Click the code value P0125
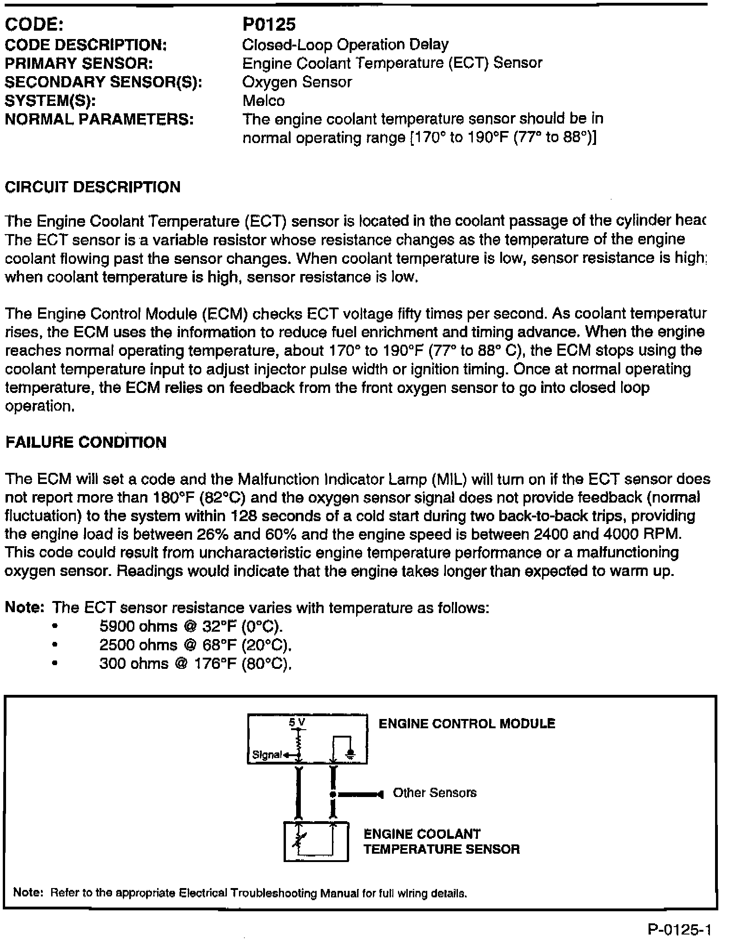click(269, 25)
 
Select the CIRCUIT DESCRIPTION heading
click(93, 187)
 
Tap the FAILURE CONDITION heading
click(86, 442)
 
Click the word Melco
click(264, 101)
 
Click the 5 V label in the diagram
click(298, 722)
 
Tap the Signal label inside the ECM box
click(267, 755)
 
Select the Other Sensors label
click(435, 792)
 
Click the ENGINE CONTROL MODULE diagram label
click(467, 724)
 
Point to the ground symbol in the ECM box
click(351, 753)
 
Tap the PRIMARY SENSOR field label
click(79, 63)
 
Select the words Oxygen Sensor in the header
click(297, 82)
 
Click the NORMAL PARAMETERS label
click(99, 120)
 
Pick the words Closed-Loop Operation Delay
click(345, 45)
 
